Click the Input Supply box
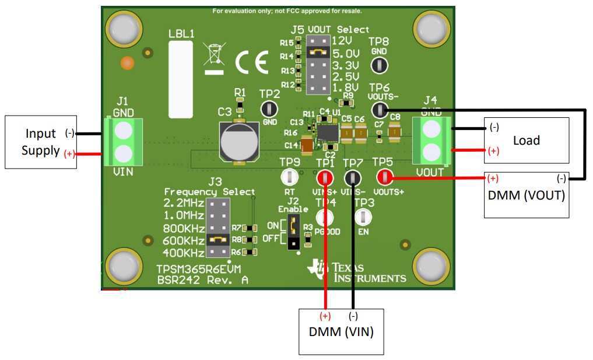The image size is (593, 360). [x=41, y=142]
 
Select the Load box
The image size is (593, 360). [x=526, y=141]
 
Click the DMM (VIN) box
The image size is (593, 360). [x=341, y=331]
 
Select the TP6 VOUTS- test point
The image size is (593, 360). [x=380, y=109]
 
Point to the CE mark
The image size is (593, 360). [x=252, y=61]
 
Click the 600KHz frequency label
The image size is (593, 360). [x=184, y=240]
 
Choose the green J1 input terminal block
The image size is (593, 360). [x=122, y=141]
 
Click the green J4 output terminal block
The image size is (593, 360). [x=432, y=141]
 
